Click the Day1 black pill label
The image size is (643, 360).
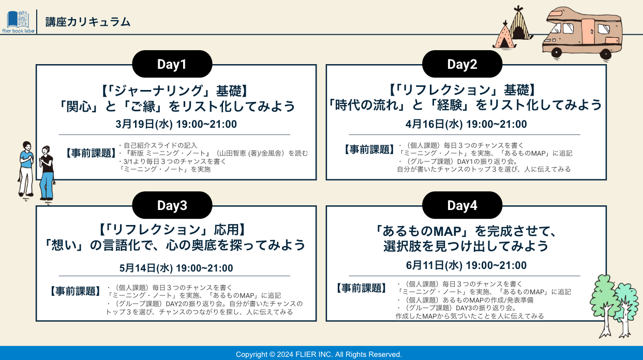pyautogui.click(x=172, y=64)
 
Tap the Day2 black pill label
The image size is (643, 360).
pyautogui.click(x=462, y=64)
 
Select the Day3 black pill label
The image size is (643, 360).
pyautogui.click(x=172, y=205)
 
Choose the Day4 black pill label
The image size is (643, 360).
pyautogui.click(x=462, y=205)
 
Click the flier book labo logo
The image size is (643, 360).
pyautogui.click(x=18, y=22)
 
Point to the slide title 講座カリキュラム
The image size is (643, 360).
pyautogui.click(x=88, y=22)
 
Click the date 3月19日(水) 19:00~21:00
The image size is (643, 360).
pyautogui.click(x=176, y=124)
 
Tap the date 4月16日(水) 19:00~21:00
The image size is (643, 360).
pyautogui.click(x=466, y=124)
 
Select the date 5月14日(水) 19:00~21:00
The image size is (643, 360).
pyautogui.click(x=176, y=268)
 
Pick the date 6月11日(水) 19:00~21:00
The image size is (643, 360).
pyautogui.click(x=466, y=265)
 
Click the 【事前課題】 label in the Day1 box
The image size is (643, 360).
pyautogui.click(x=91, y=153)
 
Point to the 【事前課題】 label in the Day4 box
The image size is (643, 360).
pyautogui.click(x=362, y=288)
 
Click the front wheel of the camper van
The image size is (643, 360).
pyautogui.click(x=556, y=53)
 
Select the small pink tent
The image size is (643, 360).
pyautogui.click(x=504, y=35)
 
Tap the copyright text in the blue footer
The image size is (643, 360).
pyautogui.click(x=319, y=354)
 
